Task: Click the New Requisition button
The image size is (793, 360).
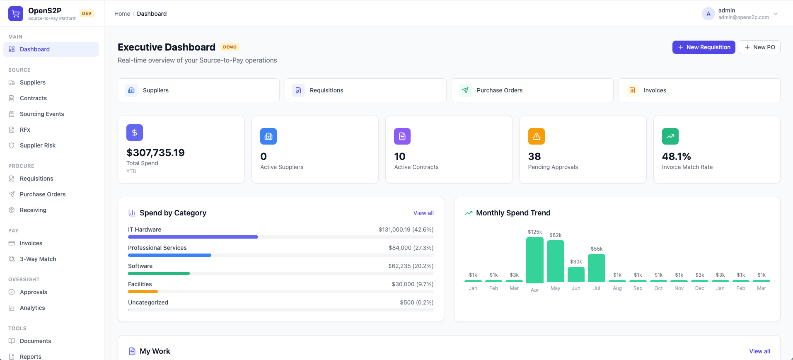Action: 704,47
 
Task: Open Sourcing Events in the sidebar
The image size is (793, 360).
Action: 42,114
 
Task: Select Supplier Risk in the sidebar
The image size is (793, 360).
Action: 38,145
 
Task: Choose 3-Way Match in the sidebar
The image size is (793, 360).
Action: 38,259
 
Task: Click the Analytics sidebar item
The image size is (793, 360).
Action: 32,308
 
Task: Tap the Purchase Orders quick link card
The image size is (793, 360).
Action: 532,90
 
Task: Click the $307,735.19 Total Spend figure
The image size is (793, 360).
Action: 156,153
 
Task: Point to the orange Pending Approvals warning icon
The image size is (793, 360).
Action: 536,136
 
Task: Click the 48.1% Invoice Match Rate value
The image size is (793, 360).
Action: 676,157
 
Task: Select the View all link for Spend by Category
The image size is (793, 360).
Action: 423,213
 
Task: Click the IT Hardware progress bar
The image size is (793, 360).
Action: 193,237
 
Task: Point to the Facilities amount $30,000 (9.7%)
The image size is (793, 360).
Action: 413,284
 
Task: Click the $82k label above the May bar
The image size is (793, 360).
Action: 555,235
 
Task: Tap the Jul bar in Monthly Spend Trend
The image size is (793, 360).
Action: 597,268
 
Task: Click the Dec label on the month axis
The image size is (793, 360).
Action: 700,288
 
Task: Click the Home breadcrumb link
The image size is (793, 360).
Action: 122,14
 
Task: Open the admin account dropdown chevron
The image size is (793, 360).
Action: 776,14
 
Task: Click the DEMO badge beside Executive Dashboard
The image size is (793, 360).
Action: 230,47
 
